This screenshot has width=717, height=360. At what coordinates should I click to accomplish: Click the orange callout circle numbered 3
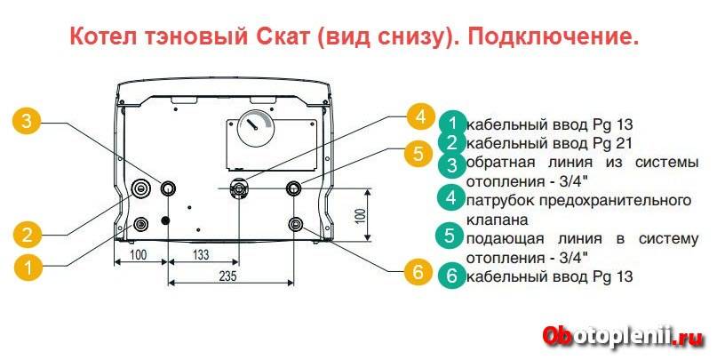point(29,122)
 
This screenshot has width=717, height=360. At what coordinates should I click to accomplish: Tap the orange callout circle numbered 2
point(29,235)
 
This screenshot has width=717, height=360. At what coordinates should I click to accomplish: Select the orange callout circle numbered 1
point(29,265)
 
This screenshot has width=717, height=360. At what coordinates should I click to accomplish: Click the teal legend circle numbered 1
point(452,124)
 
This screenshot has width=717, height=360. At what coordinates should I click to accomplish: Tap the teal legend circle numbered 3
point(452,164)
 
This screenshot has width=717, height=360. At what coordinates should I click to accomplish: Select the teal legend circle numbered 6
point(452,276)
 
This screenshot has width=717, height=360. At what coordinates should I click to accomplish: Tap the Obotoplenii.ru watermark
point(621,335)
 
